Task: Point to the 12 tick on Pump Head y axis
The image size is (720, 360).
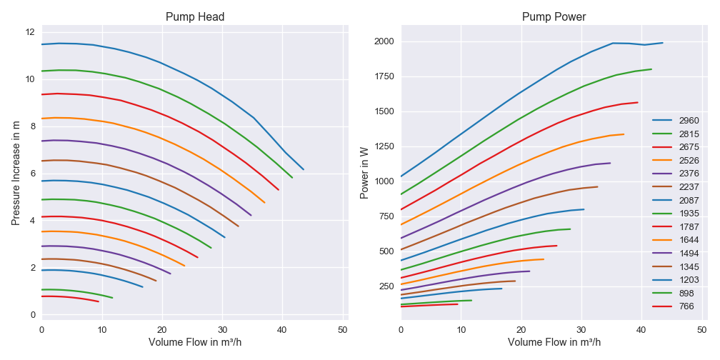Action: coord(30,32)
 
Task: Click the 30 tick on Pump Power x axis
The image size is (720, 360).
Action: coord(581,329)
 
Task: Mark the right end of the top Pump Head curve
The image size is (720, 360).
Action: coord(304,169)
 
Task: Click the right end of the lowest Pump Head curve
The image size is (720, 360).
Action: coord(99,301)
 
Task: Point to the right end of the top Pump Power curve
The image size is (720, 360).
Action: coord(663,43)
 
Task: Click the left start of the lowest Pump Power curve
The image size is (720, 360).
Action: coord(401,306)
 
